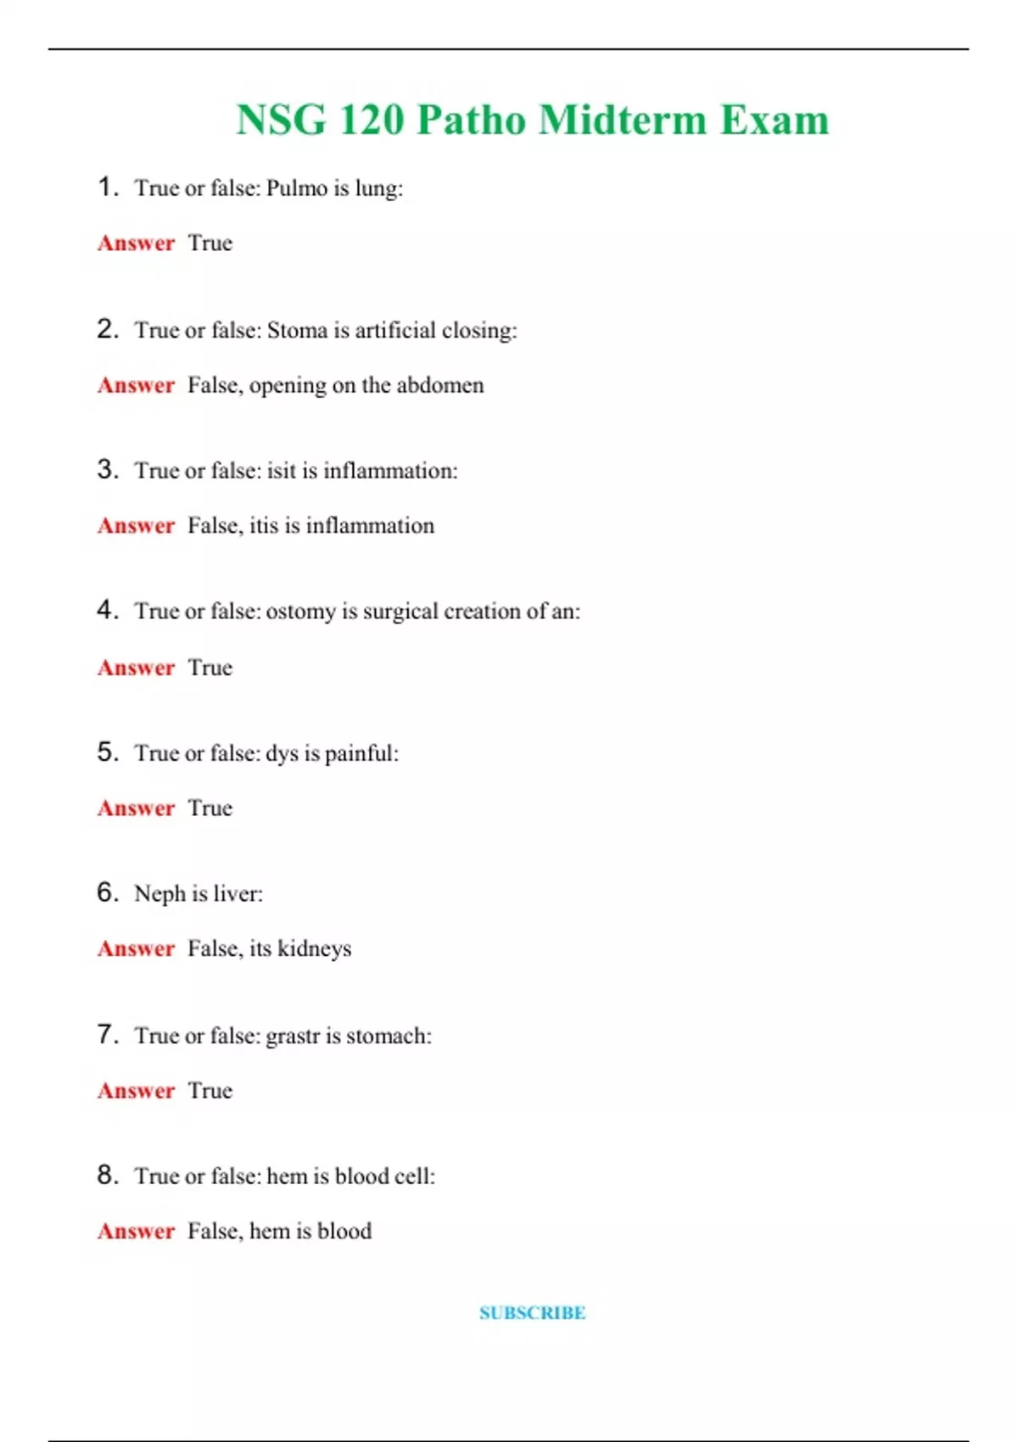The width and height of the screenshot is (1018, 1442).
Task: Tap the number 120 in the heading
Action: coord(371,120)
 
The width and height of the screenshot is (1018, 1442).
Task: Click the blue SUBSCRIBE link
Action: coord(532,1313)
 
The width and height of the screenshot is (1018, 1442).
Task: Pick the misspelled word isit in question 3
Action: coord(282,471)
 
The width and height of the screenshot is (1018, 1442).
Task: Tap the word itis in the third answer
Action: coord(264,526)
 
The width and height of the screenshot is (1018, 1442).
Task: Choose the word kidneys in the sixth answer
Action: coord(314,949)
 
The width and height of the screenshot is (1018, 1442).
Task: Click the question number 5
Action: coord(106,752)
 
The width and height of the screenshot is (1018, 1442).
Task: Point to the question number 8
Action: coord(106,1175)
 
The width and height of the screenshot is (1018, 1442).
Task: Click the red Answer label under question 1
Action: coord(136,243)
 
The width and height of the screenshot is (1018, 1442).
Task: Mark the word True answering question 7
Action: coord(210,1091)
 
